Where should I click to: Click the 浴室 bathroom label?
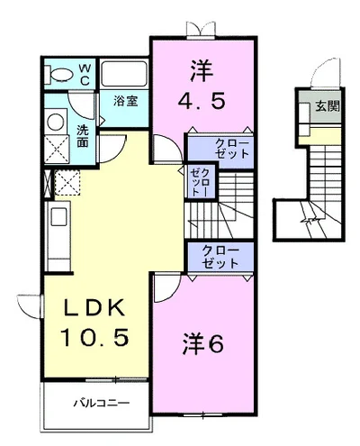[x=124, y=101]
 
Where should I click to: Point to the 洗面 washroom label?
[x=83, y=135]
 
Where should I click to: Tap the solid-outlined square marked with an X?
[x=58, y=150]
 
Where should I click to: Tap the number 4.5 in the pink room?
[x=200, y=100]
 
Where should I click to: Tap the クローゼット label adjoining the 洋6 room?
[x=220, y=257]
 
